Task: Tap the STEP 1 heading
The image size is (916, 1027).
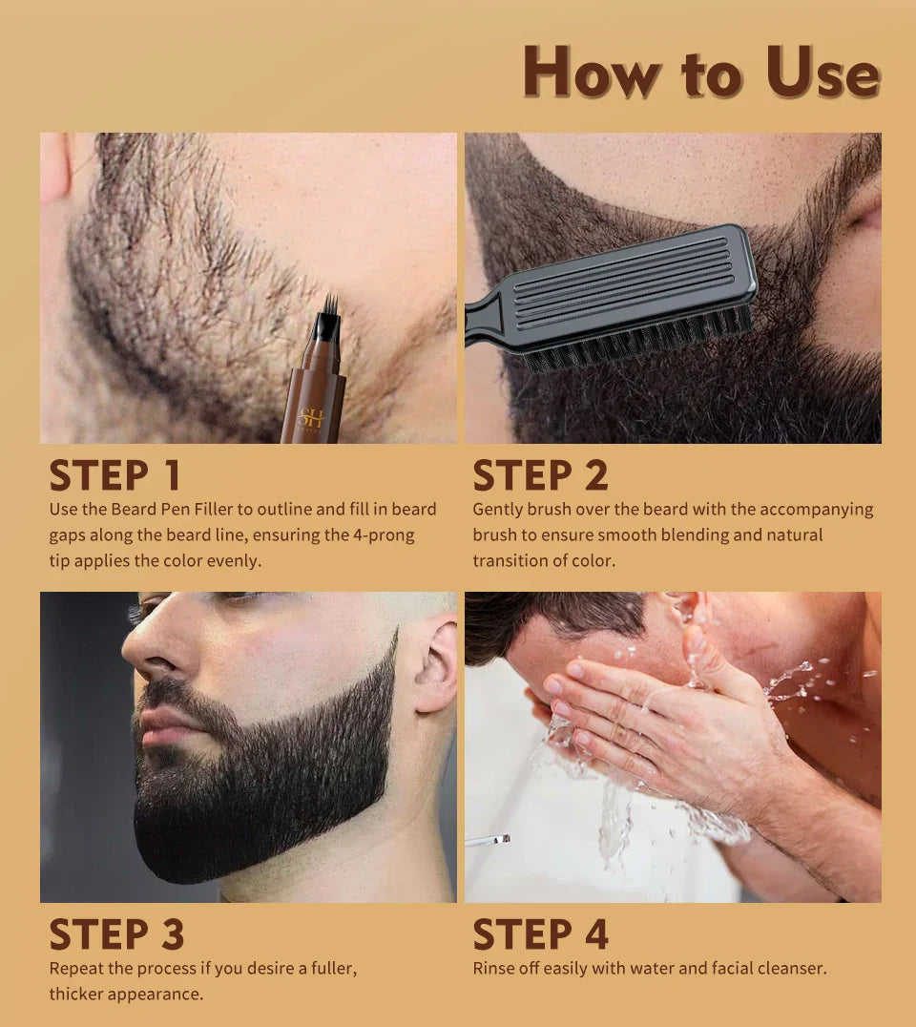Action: pyautogui.click(x=114, y=475)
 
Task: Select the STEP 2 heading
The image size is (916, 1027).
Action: pyautogui.click(x=540, y=475)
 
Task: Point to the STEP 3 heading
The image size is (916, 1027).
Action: pyautogui.click(x=116, y=934)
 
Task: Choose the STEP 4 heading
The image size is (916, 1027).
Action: pyautogui.click(x=540, y=934)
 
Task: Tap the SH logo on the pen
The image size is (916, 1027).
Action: pyautogui.click(x=312, y=418)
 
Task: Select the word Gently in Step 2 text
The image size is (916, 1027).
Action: pyautogui.click(x=499, y=510)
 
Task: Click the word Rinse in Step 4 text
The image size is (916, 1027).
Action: pyautogui.click(x=495, y=969)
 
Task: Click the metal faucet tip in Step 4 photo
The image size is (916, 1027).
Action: pyautogui.click(x=489, y=840)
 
